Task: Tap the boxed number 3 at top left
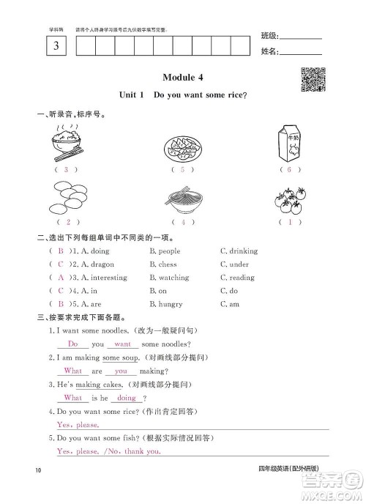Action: (56, 46)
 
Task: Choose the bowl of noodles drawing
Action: (183, 199)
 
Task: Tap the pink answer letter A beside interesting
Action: (61, 278)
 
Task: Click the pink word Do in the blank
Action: (72, 344)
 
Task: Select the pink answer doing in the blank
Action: (127, 398)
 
